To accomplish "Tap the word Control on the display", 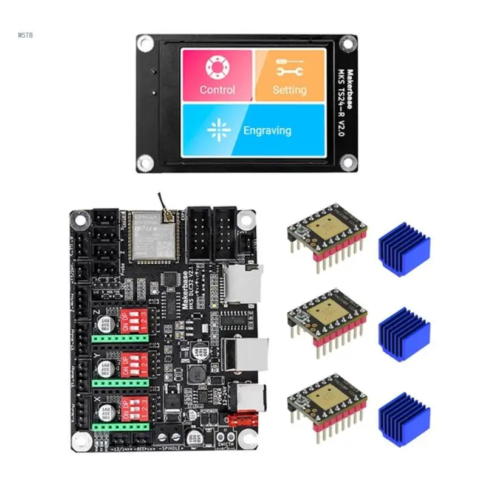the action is pos(217,90).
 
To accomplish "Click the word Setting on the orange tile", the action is pos(289,90).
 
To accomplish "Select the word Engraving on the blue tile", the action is pos(267,130).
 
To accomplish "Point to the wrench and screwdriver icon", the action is pos(289,67).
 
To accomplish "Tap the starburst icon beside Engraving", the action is pos(217,130).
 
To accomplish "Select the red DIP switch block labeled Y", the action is pos(133,363).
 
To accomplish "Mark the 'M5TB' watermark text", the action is pos(26,35).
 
